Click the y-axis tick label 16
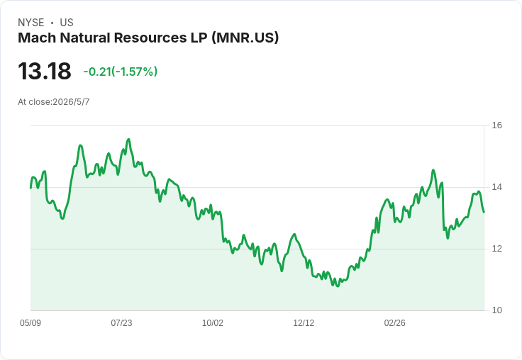tap(496, 125)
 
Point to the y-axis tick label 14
tap(496, 187)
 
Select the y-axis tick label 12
tap(496, 249)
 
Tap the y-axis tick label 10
tap(496, 310)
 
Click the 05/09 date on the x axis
tap(30, 323)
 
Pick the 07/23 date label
tap(121, 323)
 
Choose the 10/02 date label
tap(213, 323)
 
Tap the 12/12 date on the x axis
tap(304, 323)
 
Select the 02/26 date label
tap(395, 323)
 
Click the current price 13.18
tap(45, 71)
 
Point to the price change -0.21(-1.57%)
tap(120, 72)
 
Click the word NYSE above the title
tap(31, 23)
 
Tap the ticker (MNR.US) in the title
tap(245, 38)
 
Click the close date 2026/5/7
tap(71, 102)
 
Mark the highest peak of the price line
tap(128, 140)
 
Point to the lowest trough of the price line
tap(338, 286)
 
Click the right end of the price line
tap(484, 212)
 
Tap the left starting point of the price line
tap(31, 188)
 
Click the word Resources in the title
tap(150, 38)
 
